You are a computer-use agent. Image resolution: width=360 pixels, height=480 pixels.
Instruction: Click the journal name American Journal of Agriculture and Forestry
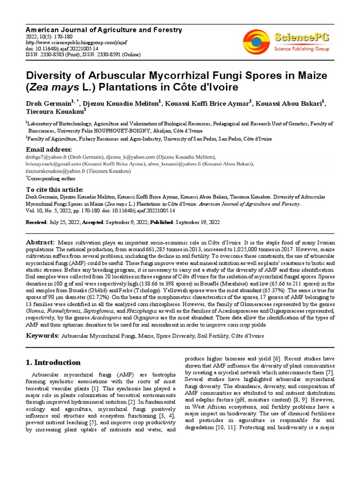click(x=103, y=30)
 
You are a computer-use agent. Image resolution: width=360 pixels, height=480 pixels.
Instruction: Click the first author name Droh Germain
click(x=46, y=102)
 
